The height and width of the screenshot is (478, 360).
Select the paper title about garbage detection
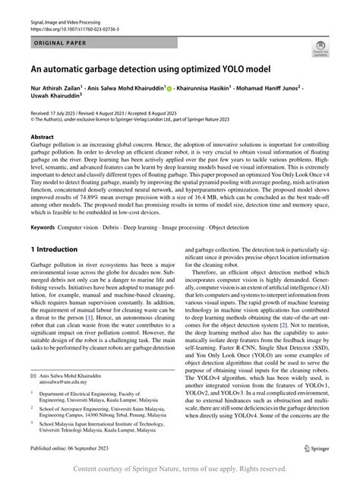point(150,69)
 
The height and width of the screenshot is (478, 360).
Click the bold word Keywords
point(43,227)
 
